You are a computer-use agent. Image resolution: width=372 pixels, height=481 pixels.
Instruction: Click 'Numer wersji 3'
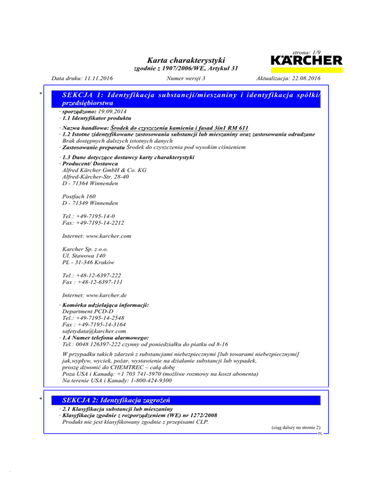click(x=186, y=78)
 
